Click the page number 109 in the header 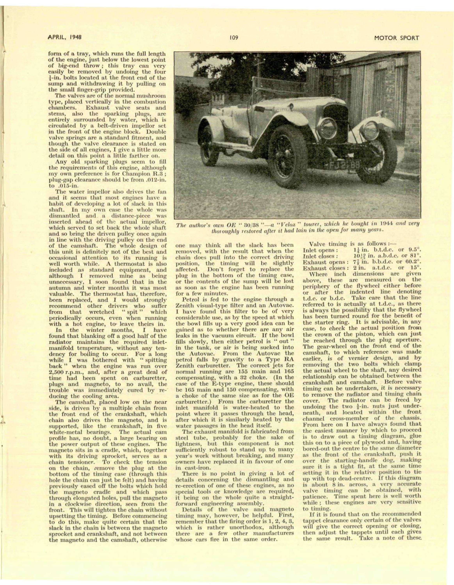point(233,38)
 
